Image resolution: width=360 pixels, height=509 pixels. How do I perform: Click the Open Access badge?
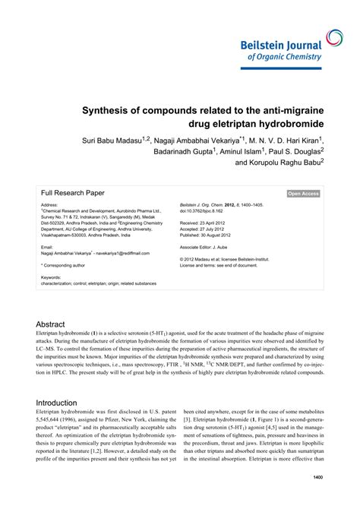(303, 194)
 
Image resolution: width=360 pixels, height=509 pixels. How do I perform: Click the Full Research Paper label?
(73, 193)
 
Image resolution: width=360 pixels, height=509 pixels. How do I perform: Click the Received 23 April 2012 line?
(208, 223)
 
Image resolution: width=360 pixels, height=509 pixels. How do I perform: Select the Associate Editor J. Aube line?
(210, 247)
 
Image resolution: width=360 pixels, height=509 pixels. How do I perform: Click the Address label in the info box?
(49, 205)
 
